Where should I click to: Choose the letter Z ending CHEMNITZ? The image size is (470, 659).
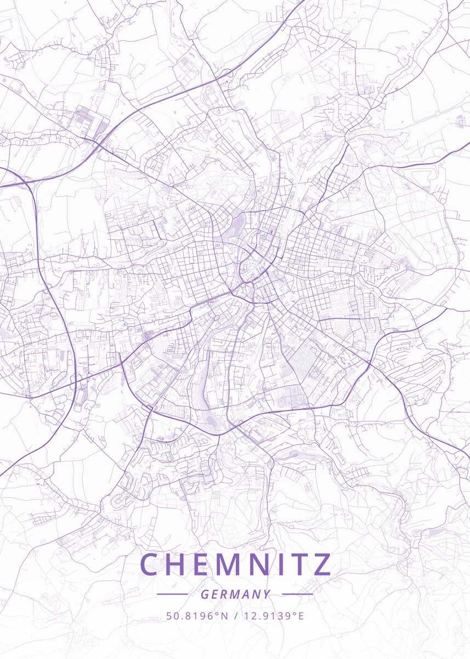(324, 565)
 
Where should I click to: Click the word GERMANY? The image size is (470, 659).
(235, 594)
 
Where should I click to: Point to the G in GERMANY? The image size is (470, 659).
(204, 594)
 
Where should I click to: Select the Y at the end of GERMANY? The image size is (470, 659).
(267, 594)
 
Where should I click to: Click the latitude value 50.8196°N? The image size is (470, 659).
(196, 616)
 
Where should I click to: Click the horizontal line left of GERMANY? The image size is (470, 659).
(172, 594)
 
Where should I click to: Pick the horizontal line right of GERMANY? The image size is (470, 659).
(297, 594)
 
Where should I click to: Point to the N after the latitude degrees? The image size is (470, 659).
(224, 616)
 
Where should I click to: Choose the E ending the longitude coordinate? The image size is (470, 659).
(301, 616)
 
